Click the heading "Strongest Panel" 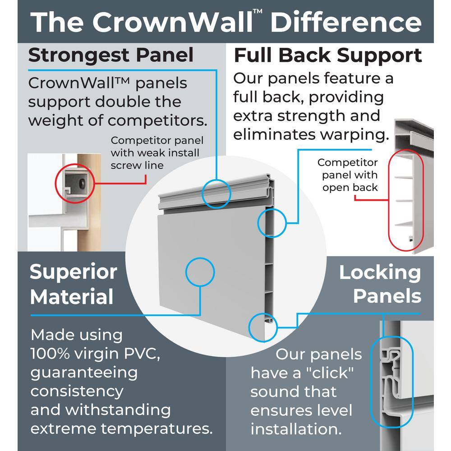[111, 55]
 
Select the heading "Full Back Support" [327, 55]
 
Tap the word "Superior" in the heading [73, 272]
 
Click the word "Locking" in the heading [380, 272]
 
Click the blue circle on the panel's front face [200, 272]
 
